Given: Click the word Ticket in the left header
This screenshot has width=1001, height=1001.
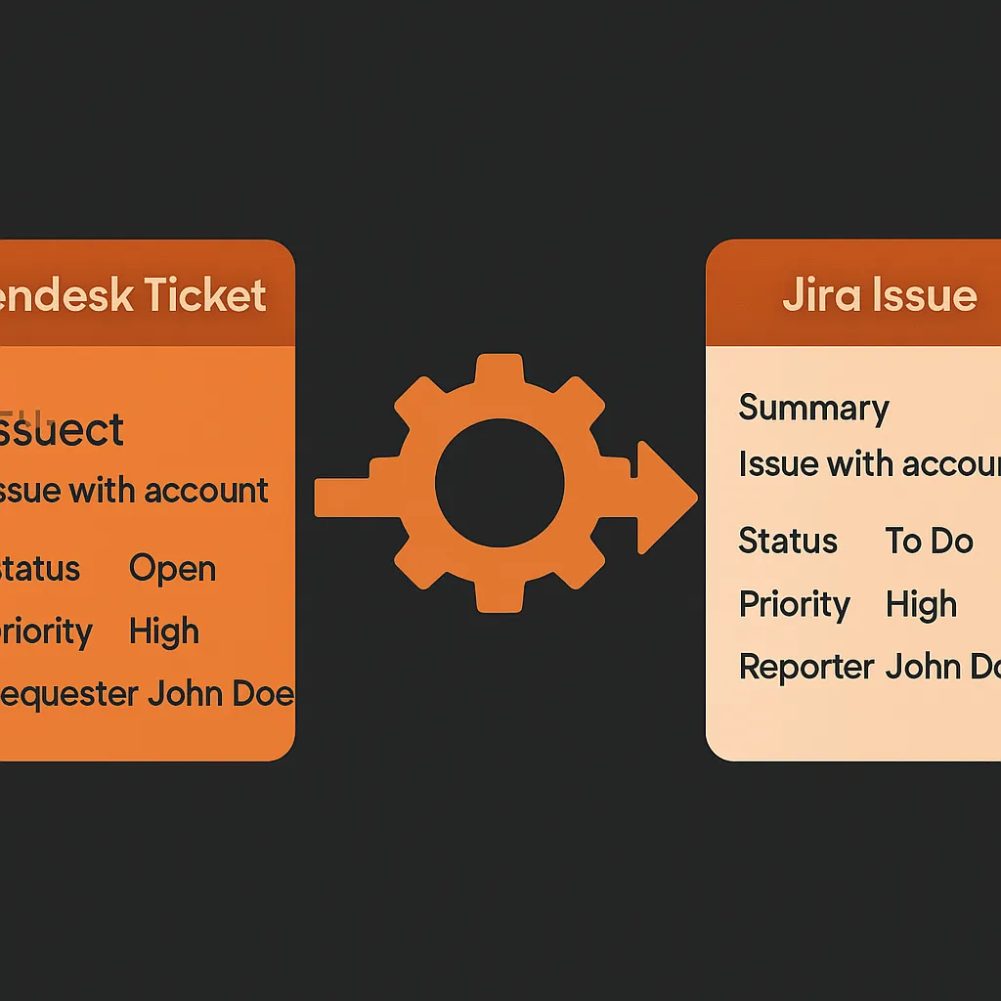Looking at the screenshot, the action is (205, 294).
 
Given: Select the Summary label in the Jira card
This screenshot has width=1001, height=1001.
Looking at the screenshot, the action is (813, 409).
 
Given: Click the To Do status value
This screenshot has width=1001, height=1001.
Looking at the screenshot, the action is (929, 541).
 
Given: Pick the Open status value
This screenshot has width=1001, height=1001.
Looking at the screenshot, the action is (172, 568).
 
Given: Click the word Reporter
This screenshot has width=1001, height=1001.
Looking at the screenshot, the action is (805, 667).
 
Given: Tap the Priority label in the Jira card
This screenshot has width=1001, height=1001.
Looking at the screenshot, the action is (794, 604).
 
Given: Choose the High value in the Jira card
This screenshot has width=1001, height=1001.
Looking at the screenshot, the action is (921, 604).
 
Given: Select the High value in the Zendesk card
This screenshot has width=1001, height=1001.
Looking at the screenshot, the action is (163, 631).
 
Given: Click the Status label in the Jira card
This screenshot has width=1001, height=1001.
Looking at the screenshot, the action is (788, 541).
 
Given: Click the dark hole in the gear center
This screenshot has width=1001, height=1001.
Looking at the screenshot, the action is (499, 484).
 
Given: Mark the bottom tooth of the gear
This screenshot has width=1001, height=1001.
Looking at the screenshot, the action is (499, 596).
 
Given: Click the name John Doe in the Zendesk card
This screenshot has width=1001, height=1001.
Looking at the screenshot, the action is (220, 694).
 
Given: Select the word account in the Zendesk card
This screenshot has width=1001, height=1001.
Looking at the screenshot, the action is (206, 490).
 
